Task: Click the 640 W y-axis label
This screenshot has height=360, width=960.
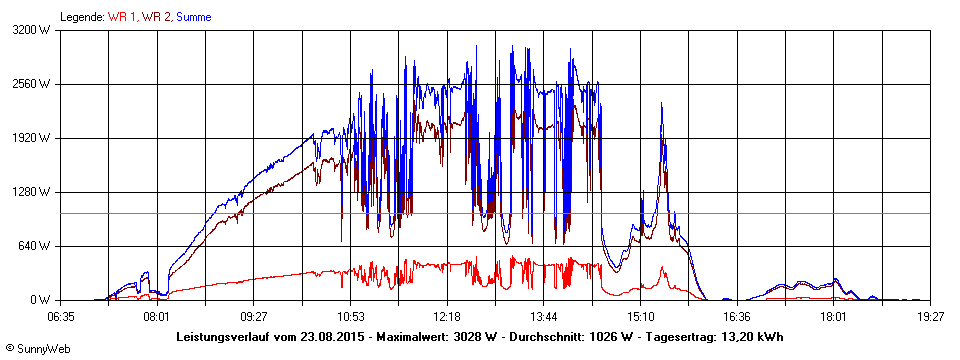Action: click(x=37, y=246)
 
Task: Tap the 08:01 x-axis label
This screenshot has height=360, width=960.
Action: click(x=157, y=316)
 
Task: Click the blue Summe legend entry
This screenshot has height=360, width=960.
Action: click(x=193, y=17)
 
